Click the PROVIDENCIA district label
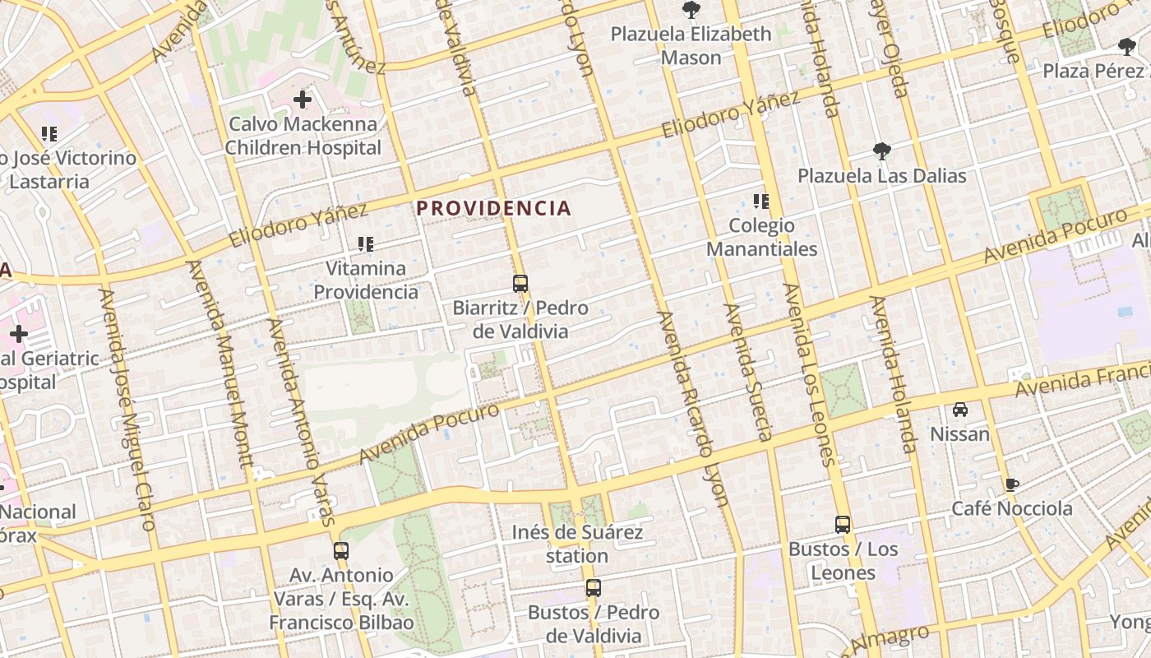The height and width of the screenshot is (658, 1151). point(493,208)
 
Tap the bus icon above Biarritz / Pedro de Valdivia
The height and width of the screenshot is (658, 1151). point(520,284)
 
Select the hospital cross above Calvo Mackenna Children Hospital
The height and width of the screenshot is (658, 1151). point(303,100)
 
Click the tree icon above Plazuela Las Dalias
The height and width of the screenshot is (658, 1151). point(882,151)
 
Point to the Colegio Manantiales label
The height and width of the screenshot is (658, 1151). point(762,237)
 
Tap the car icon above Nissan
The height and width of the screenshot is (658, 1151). point(959,409)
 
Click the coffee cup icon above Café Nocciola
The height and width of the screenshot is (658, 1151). point(1012,484)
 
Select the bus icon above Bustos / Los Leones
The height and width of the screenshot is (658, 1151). point(843,524)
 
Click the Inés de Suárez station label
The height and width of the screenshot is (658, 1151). point(577,544)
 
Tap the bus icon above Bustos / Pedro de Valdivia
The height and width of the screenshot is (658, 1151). point(594,588)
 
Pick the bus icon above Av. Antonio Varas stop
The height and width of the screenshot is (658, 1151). point(341,550)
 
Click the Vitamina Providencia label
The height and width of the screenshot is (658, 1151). point(366,280)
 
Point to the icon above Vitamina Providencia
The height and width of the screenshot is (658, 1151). point(366,243)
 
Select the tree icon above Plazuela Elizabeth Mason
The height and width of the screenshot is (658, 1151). point(691,10)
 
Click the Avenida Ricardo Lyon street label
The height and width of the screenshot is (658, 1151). point(693,407)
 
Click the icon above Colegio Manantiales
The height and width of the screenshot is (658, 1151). point(761,201)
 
